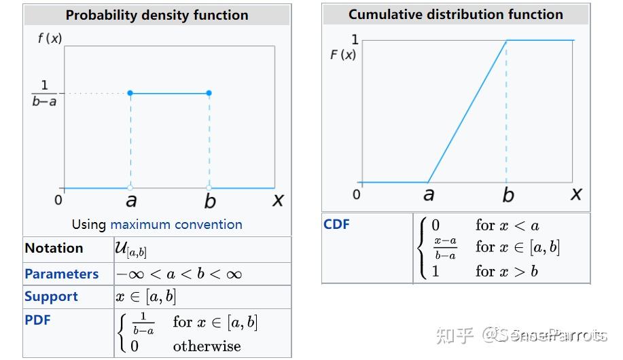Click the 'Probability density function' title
(157, 15)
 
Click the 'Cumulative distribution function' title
(456, 14)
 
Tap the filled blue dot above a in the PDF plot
(130, 93)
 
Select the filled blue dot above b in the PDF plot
(209, 93)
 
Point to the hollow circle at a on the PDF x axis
(130, 187)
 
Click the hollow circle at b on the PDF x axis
(209, 187)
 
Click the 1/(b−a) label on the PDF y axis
(45, 94)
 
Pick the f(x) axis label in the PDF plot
(50, 39)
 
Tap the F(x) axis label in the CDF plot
(343, 55)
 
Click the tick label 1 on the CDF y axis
(355, 40)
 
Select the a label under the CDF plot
(428, 195)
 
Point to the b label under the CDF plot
(508, 195)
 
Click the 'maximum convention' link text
(176, 224)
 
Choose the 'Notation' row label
(54, 249)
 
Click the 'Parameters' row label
(62, 274)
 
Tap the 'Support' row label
(51, 297)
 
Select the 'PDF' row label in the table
(37, 320)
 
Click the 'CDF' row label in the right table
(336, 224)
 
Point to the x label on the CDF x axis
(576, 194)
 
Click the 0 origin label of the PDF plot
(58, 200)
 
